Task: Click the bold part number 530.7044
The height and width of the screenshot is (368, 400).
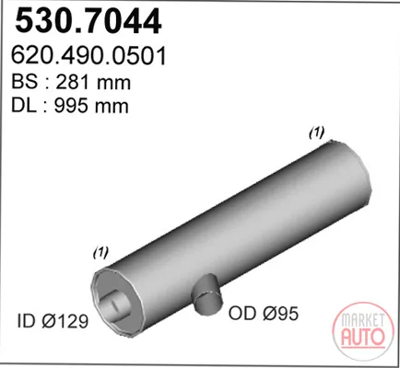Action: pos(88,21)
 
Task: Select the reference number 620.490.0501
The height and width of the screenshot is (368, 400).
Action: pos(88,56)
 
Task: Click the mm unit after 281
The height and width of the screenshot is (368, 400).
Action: pos(113,84)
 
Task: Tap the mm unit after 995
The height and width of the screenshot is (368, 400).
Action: pos(112,108)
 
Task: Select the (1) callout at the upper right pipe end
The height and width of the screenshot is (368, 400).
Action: pos(316,132)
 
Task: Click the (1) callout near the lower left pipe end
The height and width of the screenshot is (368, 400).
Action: pos(100,253)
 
